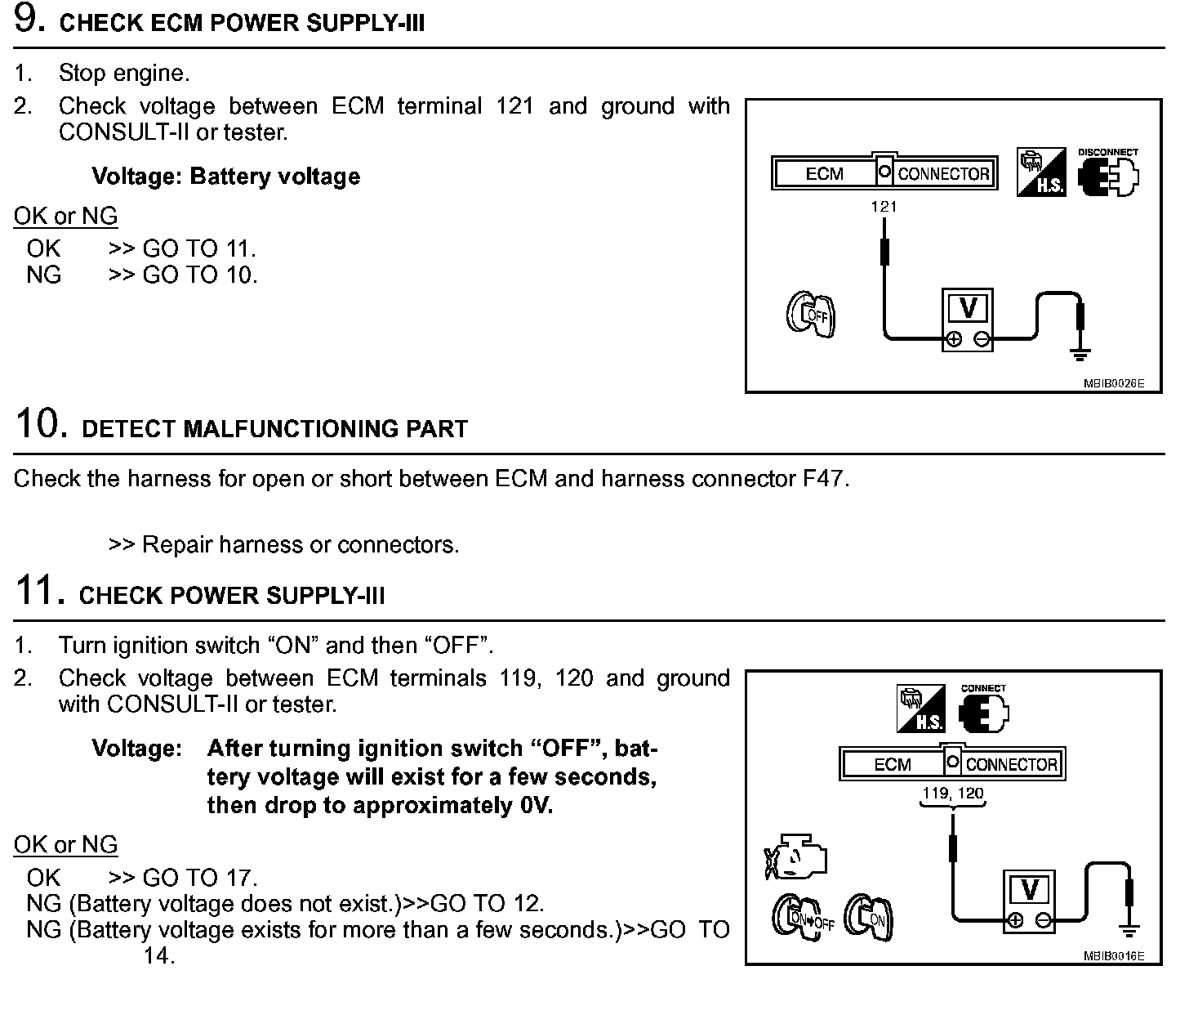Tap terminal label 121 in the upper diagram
pyautogui.click(x=884, y=207)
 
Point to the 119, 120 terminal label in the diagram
pyautogui.click(x=953, y=793)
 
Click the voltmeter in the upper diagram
pyautogui.click(x=968, y=319)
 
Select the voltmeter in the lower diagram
pyautogui.click(x=1029, y=900)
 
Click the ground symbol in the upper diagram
pyautogui.click(x=1080, y=354)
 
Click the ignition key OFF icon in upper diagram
pyautogui.click(x=810, y=316)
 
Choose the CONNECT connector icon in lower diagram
pyautogui.click(x=984, y=713)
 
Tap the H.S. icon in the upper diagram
pyautogui.click(x=1041, y=172)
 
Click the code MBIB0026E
pyautogui.click(x=1114, y=382)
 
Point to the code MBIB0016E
pyautogui.click(x=1114, y=955)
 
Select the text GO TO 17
pyautogui.click(x=199, y=878)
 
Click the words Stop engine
pyautogui.click(x=124, y=74)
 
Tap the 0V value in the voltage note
pyautogui.click(x=536, y=806)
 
